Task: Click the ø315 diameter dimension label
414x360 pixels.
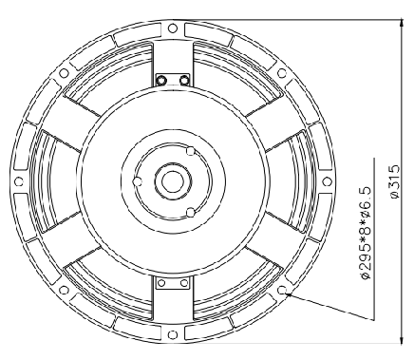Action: tap(395, 181)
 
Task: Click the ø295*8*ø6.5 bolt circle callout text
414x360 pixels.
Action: tap(366, 233)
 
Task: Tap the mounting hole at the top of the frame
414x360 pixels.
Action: tap(172, 28)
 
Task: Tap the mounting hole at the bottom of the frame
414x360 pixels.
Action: tap(172, 334)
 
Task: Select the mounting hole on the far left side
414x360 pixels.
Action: tap(19, 181)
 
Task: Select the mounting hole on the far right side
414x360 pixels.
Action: tap(327, 181)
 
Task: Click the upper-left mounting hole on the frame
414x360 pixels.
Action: tap(64, 73)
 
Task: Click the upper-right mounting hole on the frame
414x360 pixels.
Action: tap(282, 73)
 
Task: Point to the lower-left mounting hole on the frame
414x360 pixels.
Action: tap(64, 290)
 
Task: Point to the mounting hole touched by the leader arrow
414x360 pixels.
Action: tap(282, 290)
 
